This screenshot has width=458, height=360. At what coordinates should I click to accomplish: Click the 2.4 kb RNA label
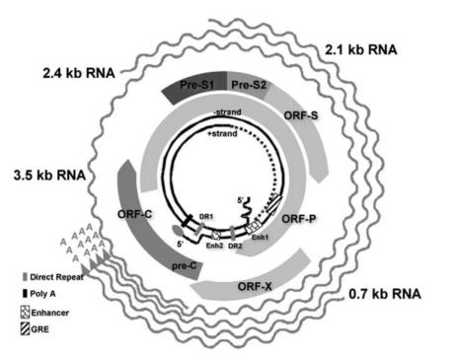coord(79,73)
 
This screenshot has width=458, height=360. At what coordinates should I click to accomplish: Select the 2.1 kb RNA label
coord(361,49)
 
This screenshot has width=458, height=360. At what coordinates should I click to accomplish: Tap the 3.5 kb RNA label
coord(49,175)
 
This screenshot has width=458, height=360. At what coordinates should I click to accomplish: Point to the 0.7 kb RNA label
coord(385,294)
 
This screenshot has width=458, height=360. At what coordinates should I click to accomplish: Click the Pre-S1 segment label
coord(196,85)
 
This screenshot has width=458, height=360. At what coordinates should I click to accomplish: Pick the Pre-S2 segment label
coord(249,85)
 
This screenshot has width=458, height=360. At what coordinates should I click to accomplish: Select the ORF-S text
coord(301,115)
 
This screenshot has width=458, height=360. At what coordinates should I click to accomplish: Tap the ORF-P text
coord(299,219)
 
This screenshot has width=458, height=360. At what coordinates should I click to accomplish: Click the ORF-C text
coord(135,214)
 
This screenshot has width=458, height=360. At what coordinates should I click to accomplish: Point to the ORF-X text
coord(255,287)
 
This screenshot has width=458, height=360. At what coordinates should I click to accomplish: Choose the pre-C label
coord(185,266)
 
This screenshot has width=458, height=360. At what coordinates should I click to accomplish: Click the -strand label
coord(227,112)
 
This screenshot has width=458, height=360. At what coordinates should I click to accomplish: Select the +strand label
coord(222,133)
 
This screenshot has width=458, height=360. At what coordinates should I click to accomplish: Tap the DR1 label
coord(206,217)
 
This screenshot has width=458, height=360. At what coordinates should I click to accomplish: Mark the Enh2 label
coord(214,246)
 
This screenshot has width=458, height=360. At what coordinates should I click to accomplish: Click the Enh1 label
coord(260,237)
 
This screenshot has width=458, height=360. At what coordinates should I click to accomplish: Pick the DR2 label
coord(235,246)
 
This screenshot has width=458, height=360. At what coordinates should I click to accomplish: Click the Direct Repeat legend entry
coord(53,277)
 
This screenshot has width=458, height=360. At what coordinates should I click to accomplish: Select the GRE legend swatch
coord(25,329)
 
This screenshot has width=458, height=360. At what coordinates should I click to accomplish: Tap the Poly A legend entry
coord(39,294)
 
